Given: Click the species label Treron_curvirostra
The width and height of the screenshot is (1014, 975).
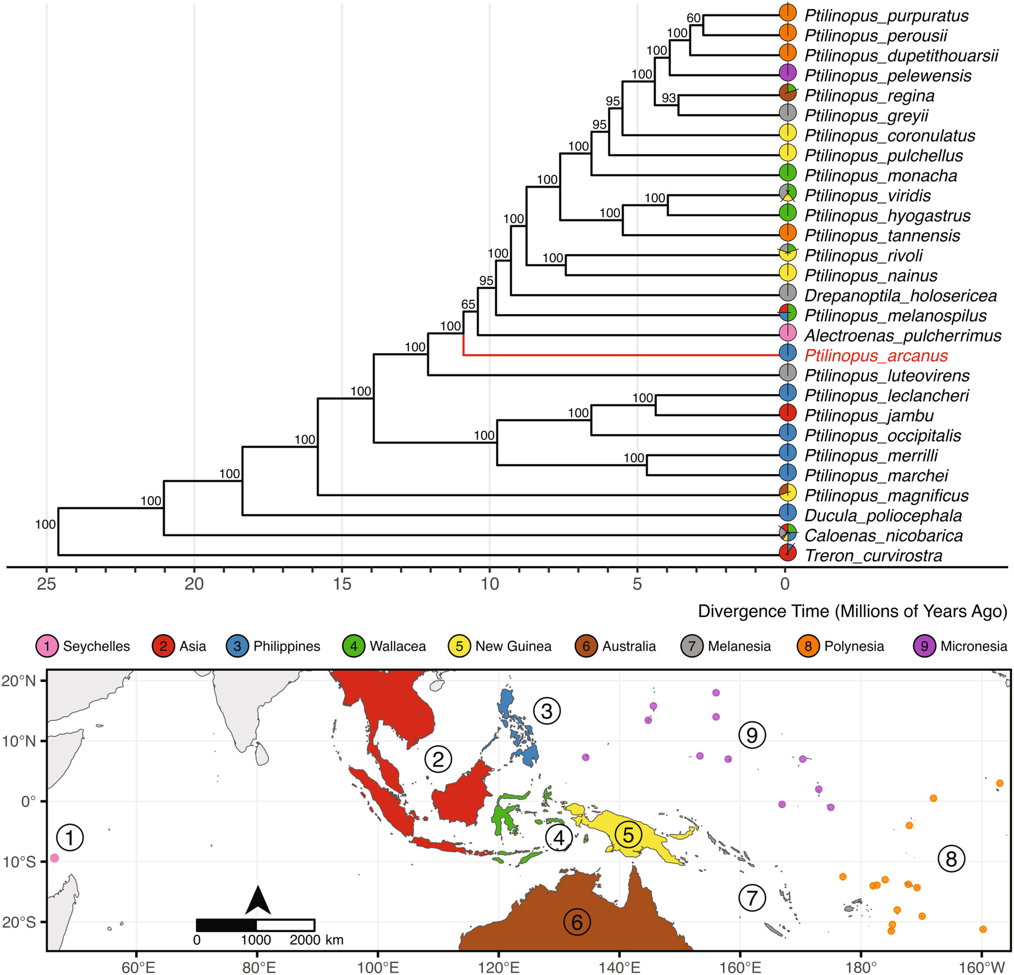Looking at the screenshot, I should [873, 556].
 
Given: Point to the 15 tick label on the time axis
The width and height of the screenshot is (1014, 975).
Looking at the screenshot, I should [342, 584].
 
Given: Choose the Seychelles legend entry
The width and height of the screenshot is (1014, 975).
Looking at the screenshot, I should [83, 646].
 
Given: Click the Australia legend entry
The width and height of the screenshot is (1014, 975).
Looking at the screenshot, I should [615, 646].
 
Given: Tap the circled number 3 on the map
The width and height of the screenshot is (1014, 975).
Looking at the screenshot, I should [547, 711].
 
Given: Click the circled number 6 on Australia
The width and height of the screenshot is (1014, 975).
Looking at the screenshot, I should [577, 922].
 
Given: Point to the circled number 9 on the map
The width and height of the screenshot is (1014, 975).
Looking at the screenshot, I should [752, 734].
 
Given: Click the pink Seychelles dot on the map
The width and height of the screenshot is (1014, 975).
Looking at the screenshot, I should [54, 858].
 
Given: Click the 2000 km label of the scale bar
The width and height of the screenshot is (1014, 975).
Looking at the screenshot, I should [316, 939].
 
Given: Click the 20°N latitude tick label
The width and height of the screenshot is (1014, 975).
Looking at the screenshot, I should [19, 680].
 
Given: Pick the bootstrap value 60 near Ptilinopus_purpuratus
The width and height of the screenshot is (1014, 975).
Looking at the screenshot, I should [693, 18].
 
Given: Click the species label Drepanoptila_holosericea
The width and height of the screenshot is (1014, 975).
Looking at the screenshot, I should [900, 296].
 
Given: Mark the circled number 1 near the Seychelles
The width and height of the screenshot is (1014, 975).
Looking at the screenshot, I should [70, 837].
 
